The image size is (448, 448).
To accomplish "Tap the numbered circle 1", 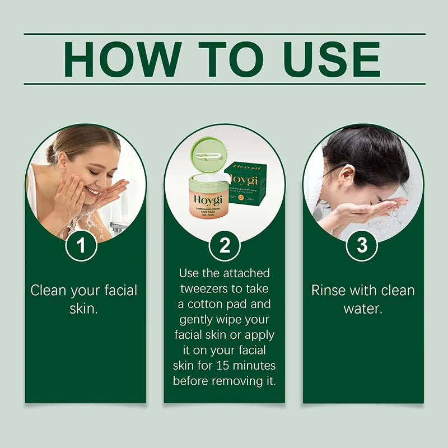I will [82, 246].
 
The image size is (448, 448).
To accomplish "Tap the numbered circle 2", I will [224, 246].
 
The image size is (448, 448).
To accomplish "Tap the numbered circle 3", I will [362, 246].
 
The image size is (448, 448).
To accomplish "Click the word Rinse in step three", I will [329, 290].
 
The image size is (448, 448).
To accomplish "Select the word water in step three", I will [363, 308].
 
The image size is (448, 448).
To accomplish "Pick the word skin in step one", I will [83, 308].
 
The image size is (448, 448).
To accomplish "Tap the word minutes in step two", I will [256, 365].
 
